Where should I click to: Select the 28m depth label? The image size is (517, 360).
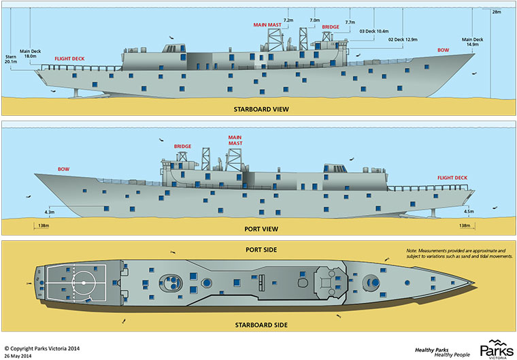[x=496, y=12]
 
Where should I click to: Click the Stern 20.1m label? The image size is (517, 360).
[x=10, y=58]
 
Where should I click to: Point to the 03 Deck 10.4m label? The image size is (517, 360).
[x=373, y=31]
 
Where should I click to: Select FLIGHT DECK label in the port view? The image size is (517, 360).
[x=452, y=178]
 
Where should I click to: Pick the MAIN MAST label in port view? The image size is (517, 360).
[x=235, y=140]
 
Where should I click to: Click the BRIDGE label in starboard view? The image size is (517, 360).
[x=331, y=27]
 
